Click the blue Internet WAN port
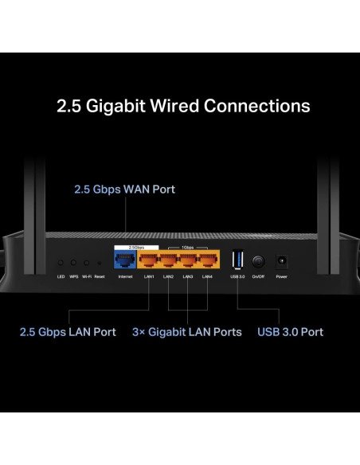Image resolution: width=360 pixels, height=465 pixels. tap(125, 259)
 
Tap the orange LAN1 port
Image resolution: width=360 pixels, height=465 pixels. tap(149, 259)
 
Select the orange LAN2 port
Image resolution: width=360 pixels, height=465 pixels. tap(169, 259)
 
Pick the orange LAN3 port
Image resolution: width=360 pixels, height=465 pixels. tap(188, 259)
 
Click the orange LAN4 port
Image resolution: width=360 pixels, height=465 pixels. tap(207, 259)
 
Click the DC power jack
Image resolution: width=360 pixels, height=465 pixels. tap(281, 260)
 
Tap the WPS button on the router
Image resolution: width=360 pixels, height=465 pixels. tap(73, 262)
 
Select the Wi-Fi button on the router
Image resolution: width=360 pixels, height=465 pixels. tap(86, 262)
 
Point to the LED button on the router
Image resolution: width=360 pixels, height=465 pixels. tap(61, 262)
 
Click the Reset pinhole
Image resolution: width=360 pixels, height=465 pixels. tap(99, 262)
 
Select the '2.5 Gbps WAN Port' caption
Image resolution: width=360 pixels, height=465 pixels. tap(124, 190)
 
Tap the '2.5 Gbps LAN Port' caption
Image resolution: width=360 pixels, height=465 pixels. tap(68, 332)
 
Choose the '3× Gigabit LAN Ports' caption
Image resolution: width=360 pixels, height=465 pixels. tap(186, 332)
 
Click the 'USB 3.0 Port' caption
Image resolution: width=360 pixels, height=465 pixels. tap(290, 332)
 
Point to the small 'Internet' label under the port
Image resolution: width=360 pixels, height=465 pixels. tap(125, 276)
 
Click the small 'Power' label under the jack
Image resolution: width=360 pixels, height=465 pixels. tap(281, 276)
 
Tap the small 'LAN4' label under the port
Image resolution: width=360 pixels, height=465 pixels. tap(207, 276)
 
